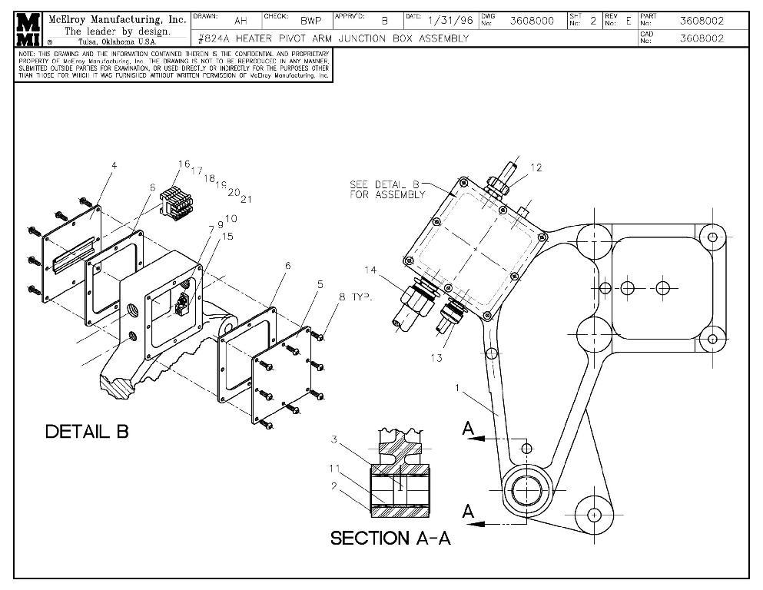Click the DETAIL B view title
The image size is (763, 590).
click(87, 432)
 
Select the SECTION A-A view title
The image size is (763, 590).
click(390, 538)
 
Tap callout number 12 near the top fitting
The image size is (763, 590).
click(536, 168)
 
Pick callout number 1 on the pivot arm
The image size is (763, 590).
click(458, 388)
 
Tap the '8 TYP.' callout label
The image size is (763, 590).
click(353, 296)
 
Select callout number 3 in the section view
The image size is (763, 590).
click(335, 439)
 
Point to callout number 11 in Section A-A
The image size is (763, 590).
click(336, 468)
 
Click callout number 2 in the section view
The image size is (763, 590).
click(335, 486)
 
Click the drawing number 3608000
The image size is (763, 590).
click(532, 21)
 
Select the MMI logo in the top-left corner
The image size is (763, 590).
click(29, 29)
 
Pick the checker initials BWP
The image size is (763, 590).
click(310, 21)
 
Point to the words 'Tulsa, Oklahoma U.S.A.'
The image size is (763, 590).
click(116, 41)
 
